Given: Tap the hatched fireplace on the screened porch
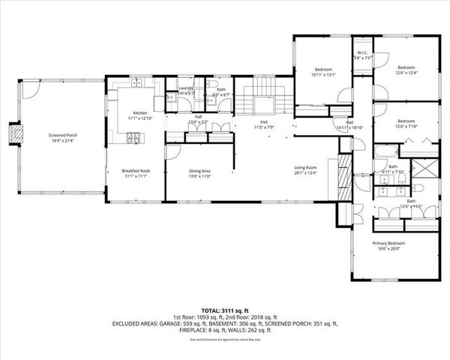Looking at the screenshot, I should tap(11, 133).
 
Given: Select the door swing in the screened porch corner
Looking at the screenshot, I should tap(28, 89).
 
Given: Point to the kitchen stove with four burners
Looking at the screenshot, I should tap(133, 137).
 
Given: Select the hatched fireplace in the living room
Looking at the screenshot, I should tap(345, 180).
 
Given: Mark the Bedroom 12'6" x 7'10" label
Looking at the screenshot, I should tap(406, 124).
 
